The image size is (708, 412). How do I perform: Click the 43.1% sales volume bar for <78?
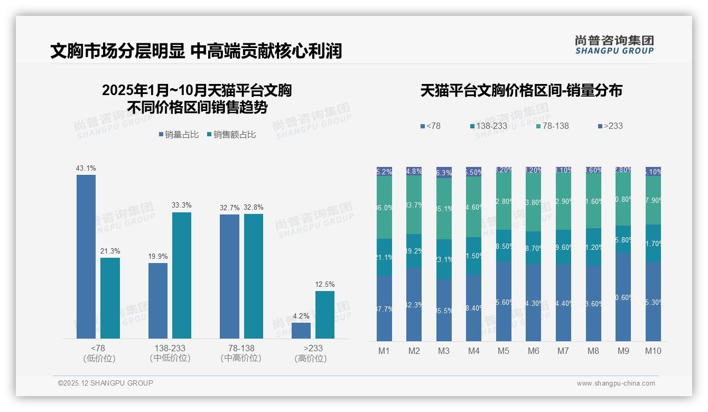point(86,256)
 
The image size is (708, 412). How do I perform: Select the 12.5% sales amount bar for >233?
point(325,314)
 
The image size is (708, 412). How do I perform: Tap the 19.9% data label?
point(158,257)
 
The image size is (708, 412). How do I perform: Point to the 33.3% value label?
point(182,205)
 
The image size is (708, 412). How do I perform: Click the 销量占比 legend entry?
point(179,135)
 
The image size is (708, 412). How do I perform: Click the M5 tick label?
point(504,351)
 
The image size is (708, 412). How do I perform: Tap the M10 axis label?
point(653,351)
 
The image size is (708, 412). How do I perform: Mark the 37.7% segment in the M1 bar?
point(384,308)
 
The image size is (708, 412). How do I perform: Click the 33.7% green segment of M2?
point(414,205)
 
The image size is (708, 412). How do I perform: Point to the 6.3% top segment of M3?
point(444,172)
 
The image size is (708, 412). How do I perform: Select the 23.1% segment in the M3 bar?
point(444,259)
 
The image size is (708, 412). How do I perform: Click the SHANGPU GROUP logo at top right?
point(614,45)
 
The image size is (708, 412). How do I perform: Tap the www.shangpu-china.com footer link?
point(616,383)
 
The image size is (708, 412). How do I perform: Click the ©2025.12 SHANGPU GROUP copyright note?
point(106,383)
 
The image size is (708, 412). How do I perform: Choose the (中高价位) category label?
point(241,358)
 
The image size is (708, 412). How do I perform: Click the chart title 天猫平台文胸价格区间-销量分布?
point(521,91)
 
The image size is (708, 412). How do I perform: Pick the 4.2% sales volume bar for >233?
point(301,331)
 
